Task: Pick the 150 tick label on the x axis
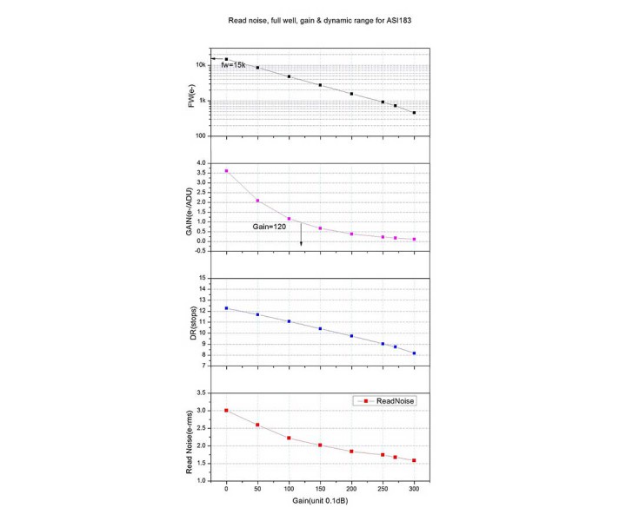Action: (320, 488)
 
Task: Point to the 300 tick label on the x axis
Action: (414, 488)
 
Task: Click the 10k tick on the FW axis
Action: (200, 65)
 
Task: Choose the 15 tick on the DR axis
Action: (202, 278)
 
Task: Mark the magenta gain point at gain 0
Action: (227, 171)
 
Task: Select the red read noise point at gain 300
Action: (414, 460)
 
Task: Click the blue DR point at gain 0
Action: (227, 308)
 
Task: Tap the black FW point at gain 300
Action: (414, 113)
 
